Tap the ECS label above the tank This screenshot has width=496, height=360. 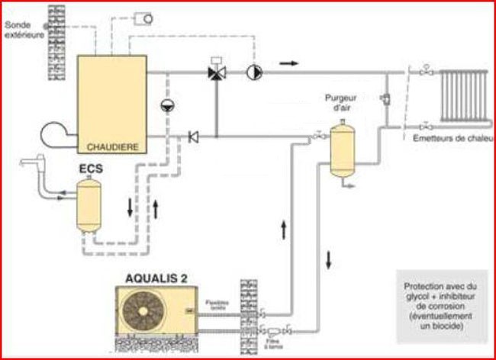(x=91, y=166)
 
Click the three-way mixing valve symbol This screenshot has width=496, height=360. (x=216, y=73)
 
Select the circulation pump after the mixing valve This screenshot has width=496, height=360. (x=252, y=73)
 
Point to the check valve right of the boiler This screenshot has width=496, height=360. (x=193, y=137)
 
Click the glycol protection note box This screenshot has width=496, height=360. (x=437, y=305)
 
